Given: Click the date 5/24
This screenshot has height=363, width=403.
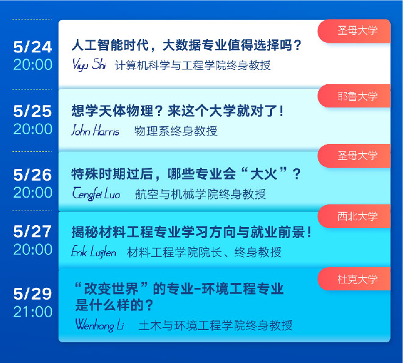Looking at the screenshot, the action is click(33, 47).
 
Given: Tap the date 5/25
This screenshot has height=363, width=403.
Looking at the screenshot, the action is click(33, 112).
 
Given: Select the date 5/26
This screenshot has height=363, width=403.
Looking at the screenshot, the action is click(33, 175).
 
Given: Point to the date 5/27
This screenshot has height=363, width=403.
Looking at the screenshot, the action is click(33, 232).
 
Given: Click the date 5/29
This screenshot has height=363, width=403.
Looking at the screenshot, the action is click(33, 294).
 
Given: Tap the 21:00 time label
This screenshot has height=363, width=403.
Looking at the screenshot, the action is click(33, 312).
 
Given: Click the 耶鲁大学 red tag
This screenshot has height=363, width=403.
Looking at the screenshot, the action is click(354, 96).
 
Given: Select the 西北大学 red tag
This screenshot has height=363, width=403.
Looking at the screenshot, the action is click(354, 216).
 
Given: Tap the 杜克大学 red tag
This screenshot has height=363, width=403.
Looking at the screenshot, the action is click(354, 279).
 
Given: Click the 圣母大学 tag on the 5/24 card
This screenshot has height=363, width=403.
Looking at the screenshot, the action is click(354, 31).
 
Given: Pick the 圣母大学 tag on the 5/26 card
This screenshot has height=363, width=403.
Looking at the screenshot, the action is click(354, 156).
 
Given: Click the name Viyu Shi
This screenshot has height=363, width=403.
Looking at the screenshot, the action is click(89, 64).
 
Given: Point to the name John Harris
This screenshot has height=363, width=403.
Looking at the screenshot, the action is click(95, 130).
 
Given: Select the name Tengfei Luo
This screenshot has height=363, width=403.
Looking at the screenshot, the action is click(96, 193).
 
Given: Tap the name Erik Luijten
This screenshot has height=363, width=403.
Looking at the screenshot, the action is click(94, 252).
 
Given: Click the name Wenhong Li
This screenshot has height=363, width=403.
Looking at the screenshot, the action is click(100, 325).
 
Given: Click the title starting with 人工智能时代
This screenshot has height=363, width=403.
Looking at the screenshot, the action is click(187, 45).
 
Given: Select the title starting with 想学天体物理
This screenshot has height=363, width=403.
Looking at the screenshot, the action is click(177, 111).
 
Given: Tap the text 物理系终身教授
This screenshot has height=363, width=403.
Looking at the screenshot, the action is click(176, 131).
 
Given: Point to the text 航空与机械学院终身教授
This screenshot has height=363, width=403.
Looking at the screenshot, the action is click(201, 194).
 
